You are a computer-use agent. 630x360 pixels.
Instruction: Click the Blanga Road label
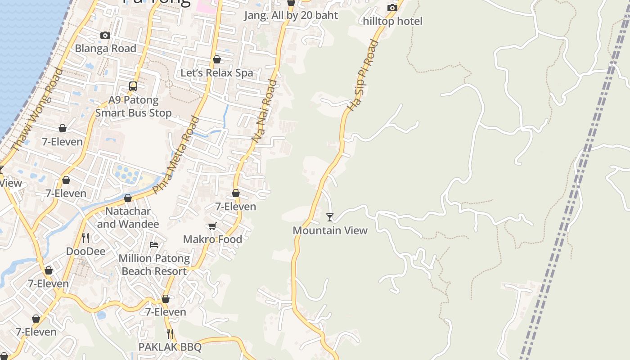tap(105, 48)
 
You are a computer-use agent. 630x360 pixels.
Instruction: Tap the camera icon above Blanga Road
tap(105, 35)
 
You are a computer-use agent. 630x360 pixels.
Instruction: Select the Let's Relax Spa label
tap(216, 72)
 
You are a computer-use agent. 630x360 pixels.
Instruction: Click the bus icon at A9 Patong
tap(133, 86)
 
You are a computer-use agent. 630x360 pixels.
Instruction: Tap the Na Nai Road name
tap(265, 112)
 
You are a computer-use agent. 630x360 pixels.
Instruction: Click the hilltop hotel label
tap(392, 21)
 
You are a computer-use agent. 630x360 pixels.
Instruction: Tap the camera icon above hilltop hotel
tap(392, 8)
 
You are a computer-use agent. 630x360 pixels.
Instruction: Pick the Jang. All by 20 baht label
tap(291, 15)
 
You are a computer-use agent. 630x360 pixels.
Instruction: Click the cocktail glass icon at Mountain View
tap(330, 217)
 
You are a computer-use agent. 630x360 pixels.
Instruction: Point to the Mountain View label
tap(330, 230)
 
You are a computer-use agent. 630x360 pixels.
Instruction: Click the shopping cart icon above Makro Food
tap(212, 226)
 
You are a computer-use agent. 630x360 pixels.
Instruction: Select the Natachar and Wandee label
tap(128, 217)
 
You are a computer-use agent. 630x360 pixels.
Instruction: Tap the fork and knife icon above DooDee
tap(85, 238)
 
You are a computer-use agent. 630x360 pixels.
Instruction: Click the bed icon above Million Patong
tap(154, 245)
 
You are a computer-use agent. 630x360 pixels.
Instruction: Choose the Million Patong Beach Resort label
tap(154, 265)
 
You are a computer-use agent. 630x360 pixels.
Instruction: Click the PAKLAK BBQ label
tap(170, 347)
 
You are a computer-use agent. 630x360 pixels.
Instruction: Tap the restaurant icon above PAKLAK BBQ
tap(170, 333)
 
